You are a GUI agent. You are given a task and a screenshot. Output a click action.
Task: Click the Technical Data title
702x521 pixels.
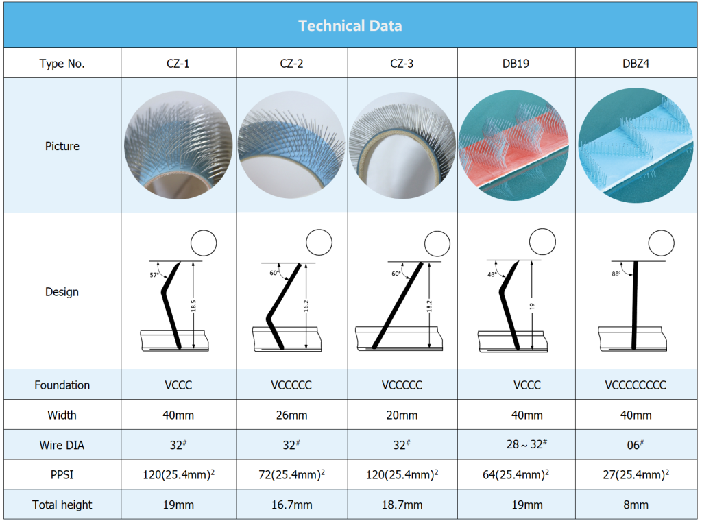coord(350,26)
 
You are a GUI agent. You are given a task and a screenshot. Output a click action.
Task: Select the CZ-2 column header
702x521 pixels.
coord(291,64)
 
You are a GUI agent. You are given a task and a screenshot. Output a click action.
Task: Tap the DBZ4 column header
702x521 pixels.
coord(636,64)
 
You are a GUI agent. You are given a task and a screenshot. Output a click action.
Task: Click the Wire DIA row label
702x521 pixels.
coord(62,445)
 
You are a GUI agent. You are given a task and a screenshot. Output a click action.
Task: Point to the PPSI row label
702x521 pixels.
coord(62,474)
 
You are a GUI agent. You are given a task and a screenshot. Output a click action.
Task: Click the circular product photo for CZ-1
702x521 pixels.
coord(178,145)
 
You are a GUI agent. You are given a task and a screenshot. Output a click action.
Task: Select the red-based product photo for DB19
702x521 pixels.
coord(513,145)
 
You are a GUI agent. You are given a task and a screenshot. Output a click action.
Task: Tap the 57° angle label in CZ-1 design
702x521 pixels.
coord(154,275)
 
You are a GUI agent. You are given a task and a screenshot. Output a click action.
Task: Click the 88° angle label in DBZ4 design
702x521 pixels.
coord(616,274)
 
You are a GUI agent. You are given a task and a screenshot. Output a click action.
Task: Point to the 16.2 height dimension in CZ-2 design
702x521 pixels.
coord(306,306)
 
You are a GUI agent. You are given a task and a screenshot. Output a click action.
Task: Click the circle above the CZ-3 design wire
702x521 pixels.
coord(437,244)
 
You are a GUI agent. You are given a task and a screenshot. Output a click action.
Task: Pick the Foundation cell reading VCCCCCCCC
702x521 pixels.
coord(636,385)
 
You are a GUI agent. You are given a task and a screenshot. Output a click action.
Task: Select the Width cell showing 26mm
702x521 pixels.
coord(291,415)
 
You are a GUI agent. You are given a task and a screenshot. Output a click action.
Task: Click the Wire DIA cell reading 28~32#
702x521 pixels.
coord(527,444)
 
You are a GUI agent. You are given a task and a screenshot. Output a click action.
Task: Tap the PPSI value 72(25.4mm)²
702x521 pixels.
coord(291,474)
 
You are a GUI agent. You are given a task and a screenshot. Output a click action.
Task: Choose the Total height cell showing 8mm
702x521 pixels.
coord(636,505)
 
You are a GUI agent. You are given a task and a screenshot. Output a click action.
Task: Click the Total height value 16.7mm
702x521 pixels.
coord(291,505)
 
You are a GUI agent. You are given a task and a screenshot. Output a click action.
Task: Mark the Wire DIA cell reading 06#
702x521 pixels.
coord(636,444)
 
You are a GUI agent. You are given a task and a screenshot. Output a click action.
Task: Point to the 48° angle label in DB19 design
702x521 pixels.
coord(492,274)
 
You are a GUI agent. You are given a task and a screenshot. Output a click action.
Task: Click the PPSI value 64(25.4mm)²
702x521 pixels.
coord(516,474)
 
